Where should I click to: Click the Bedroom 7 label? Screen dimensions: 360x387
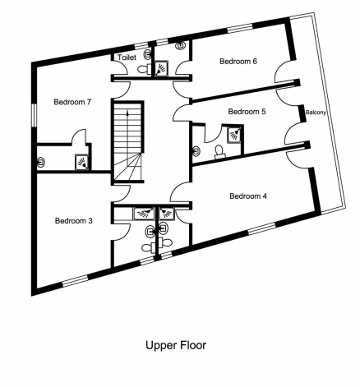(72, 102)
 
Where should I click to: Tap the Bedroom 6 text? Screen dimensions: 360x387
(238, 62)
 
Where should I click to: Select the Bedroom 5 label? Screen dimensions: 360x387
(247, 112)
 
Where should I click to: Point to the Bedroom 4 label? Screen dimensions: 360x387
(248, 196)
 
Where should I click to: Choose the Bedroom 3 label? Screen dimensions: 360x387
(74, 221)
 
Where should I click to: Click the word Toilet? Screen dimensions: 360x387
(127, 58)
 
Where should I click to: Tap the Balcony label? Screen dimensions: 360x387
(316, 113)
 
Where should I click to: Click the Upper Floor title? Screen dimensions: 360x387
(176, 345)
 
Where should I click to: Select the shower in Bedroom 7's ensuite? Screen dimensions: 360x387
(82, 162)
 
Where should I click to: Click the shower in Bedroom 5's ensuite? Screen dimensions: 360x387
(235, 134)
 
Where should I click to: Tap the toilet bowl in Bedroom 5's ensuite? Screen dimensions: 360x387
(219, 152)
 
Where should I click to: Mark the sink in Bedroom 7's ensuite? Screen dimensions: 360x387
(41, 162)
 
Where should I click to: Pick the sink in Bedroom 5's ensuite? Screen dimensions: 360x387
(196, 151)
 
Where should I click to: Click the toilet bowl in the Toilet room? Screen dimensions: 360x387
(143, 69)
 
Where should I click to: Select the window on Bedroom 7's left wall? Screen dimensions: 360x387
(35, 115)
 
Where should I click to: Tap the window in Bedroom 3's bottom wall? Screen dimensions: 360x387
(75, 281)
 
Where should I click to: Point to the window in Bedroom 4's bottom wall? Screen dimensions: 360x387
(261, 228)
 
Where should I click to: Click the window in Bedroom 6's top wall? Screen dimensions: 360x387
(240, 28)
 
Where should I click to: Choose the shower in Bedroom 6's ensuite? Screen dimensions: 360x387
(161, 68)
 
